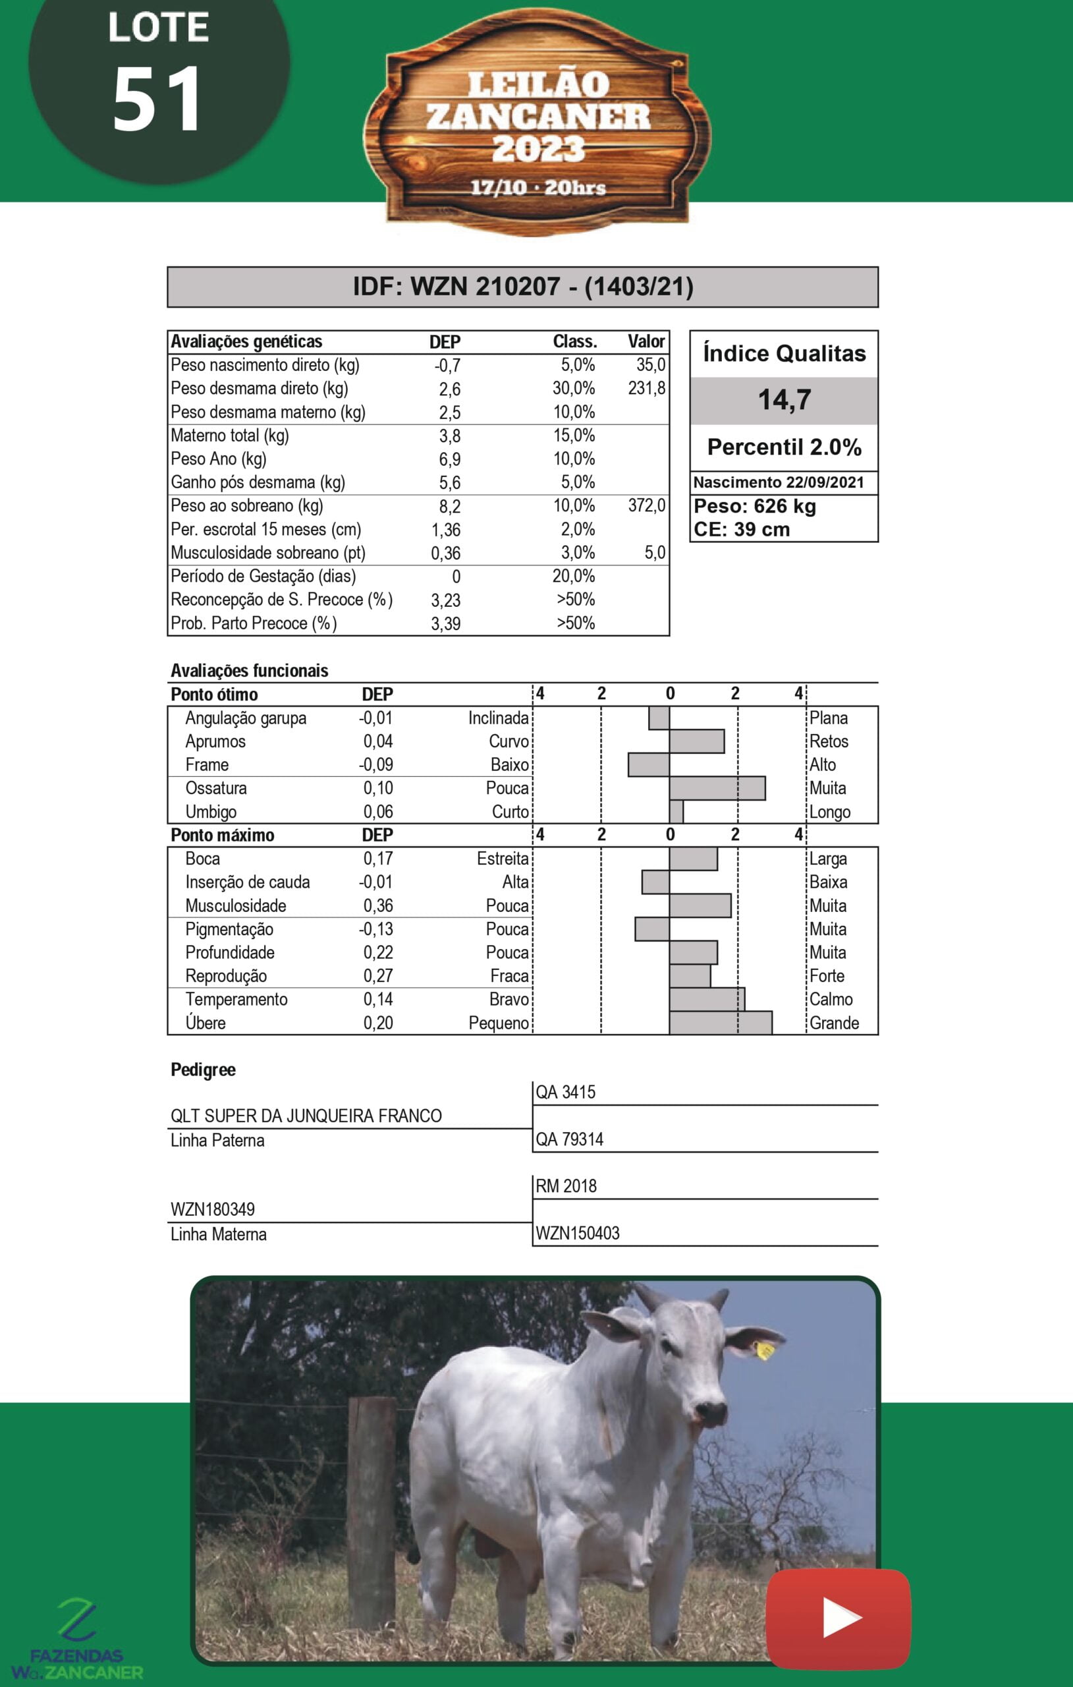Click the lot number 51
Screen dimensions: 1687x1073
157,99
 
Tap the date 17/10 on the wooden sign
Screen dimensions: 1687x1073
498,188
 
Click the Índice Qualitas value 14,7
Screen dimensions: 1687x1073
784,400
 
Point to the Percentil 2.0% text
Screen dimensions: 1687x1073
784,447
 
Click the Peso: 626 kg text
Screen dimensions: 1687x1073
754,507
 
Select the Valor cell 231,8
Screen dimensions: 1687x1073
646,388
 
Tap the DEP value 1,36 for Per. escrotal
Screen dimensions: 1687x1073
445,530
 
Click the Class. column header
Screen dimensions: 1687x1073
574,342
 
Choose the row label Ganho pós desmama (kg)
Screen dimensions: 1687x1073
258,482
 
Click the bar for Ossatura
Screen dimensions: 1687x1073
717,788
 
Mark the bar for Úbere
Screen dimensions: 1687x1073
720,1023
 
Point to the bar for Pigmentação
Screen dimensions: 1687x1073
652,929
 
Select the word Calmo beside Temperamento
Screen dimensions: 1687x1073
831,1000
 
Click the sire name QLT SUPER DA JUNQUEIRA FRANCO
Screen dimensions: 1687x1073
306,1116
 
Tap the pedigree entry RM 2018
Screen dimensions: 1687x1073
566,1186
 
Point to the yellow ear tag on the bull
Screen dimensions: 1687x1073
764,1350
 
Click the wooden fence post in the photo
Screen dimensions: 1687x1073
371,1513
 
